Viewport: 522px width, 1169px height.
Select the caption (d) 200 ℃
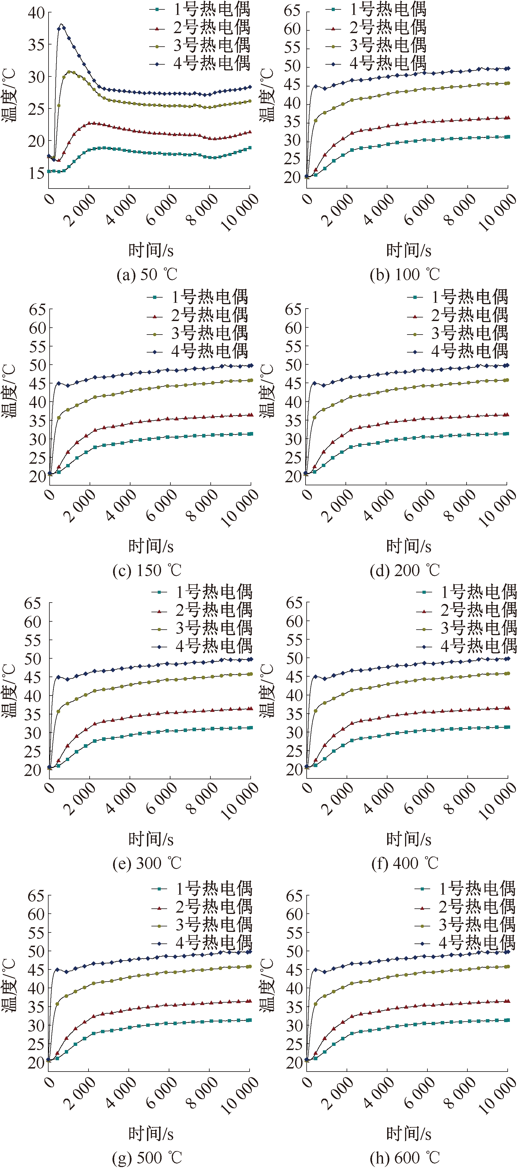(405, 570)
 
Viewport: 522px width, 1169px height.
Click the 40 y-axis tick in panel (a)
(36, 13)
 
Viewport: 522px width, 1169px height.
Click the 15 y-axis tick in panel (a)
(36, 173)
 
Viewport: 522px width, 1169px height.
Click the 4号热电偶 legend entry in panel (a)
(211, 63)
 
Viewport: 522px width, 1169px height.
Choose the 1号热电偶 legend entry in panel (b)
(388, 9)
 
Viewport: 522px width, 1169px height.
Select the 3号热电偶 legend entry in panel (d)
(469, 333)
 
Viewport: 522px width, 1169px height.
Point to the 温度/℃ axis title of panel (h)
(267, 985)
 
